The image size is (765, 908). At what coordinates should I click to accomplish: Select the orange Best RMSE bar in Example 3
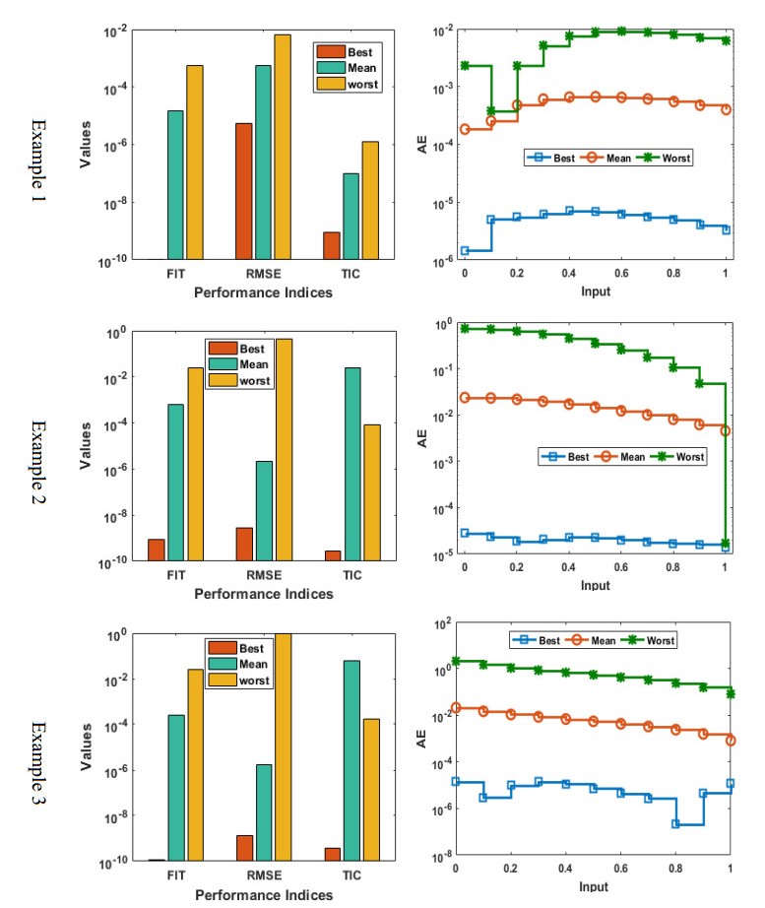tap(244, 847)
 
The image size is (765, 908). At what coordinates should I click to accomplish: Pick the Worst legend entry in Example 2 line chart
tap(675, 456)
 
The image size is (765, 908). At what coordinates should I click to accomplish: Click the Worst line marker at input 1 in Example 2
tap(725, 543)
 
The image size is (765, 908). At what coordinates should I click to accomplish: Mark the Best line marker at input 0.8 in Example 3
tap(675, 823)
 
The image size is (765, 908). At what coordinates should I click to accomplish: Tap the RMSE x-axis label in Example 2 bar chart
tap(264, 575)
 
